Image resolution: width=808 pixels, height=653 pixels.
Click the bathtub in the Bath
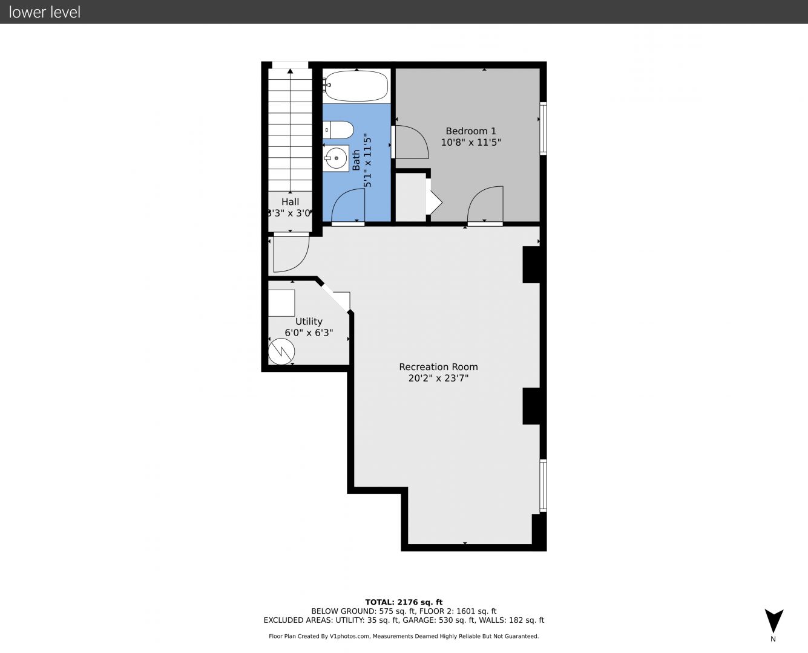point(356,86)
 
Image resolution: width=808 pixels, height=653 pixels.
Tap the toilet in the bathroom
point(338,130)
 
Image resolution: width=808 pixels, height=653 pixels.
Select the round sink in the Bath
point(336,158)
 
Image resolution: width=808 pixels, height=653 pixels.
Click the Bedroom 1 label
point(471,131)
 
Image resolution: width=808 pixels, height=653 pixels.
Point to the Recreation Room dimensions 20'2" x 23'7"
point(439,378)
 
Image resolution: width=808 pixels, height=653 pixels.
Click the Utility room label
point(309,322)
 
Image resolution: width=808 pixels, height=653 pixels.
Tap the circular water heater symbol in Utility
point(281,351)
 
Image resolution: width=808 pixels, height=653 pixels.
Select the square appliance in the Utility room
point(281,303)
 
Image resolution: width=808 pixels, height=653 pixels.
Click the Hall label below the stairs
point(290,201)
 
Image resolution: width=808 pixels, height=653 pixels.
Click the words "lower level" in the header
point(45,12)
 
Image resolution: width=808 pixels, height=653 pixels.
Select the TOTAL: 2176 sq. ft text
point(404,602)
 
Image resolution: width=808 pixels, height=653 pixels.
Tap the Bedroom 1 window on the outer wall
point(544,128)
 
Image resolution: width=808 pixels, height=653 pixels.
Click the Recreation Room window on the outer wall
point(544,486)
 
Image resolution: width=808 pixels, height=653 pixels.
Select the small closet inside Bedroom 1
point(411,197)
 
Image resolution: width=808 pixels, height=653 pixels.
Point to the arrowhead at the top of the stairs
point(290,71)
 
